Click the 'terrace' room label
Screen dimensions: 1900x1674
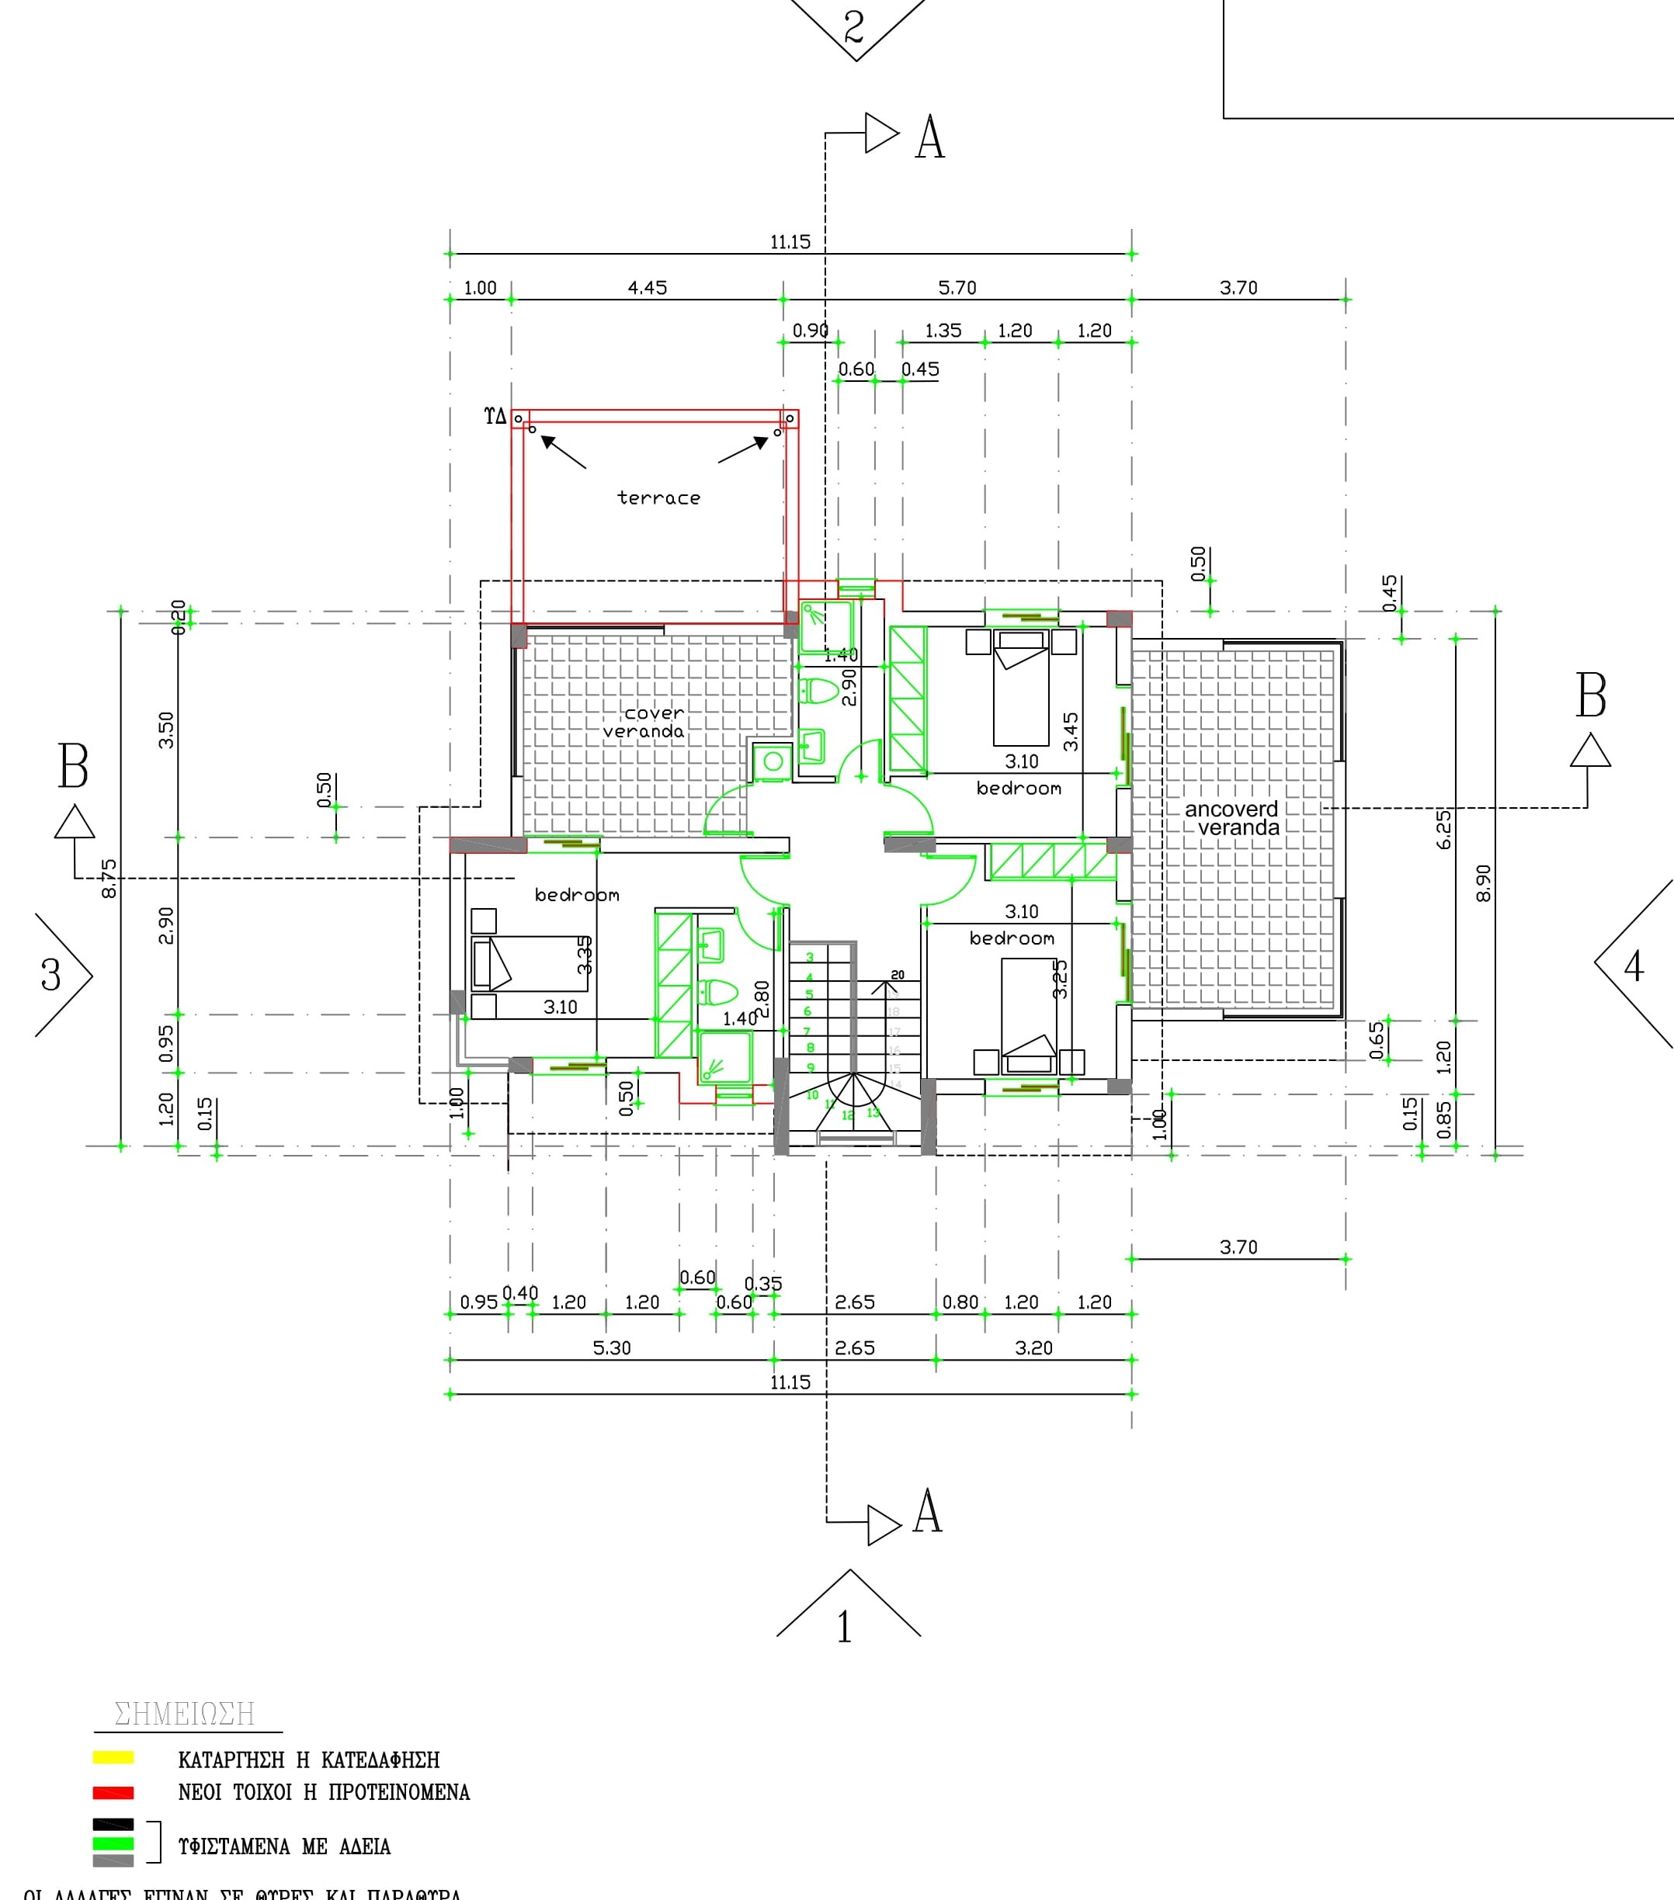(658, 498)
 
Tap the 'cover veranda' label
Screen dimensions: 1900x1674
(645, 723)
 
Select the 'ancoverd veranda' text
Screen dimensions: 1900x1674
(1233, 818)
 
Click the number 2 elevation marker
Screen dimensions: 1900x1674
(854, 26)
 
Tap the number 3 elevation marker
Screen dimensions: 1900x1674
(51, 975)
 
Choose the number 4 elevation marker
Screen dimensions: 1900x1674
(1634, 967)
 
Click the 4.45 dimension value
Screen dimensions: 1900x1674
(648, 288)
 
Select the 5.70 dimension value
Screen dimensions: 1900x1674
(957, 288)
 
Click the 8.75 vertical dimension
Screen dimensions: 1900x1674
(109, 879)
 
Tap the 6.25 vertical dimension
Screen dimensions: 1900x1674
(1443, 829)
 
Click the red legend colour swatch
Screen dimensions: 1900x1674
(113, 1792)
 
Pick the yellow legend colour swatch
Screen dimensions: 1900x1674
(113, 1758)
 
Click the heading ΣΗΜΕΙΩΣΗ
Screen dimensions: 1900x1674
(184, 1714)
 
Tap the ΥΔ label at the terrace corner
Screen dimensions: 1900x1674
(495, 417)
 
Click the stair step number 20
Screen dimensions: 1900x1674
(898, 975)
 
